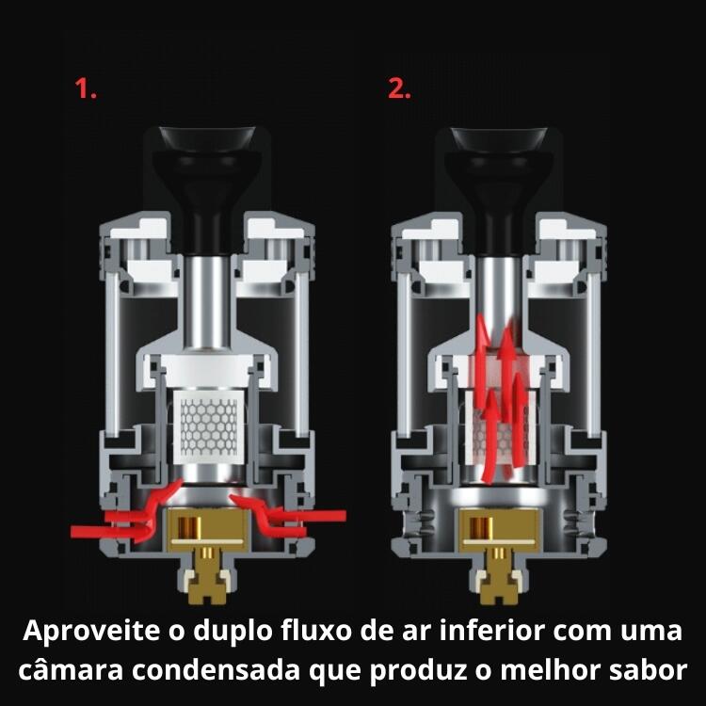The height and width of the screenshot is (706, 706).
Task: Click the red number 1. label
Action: coord(86,90)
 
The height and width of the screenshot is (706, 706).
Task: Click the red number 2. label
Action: coord(399,90)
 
